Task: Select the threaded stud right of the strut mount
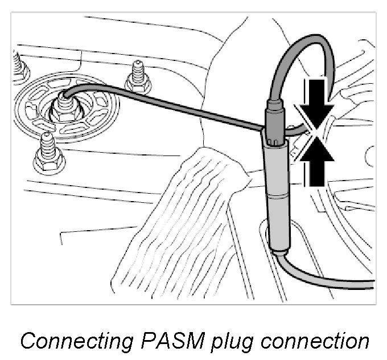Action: (138, 77)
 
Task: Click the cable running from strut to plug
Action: (171, 103)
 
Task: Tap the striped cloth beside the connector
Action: (182, 228)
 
